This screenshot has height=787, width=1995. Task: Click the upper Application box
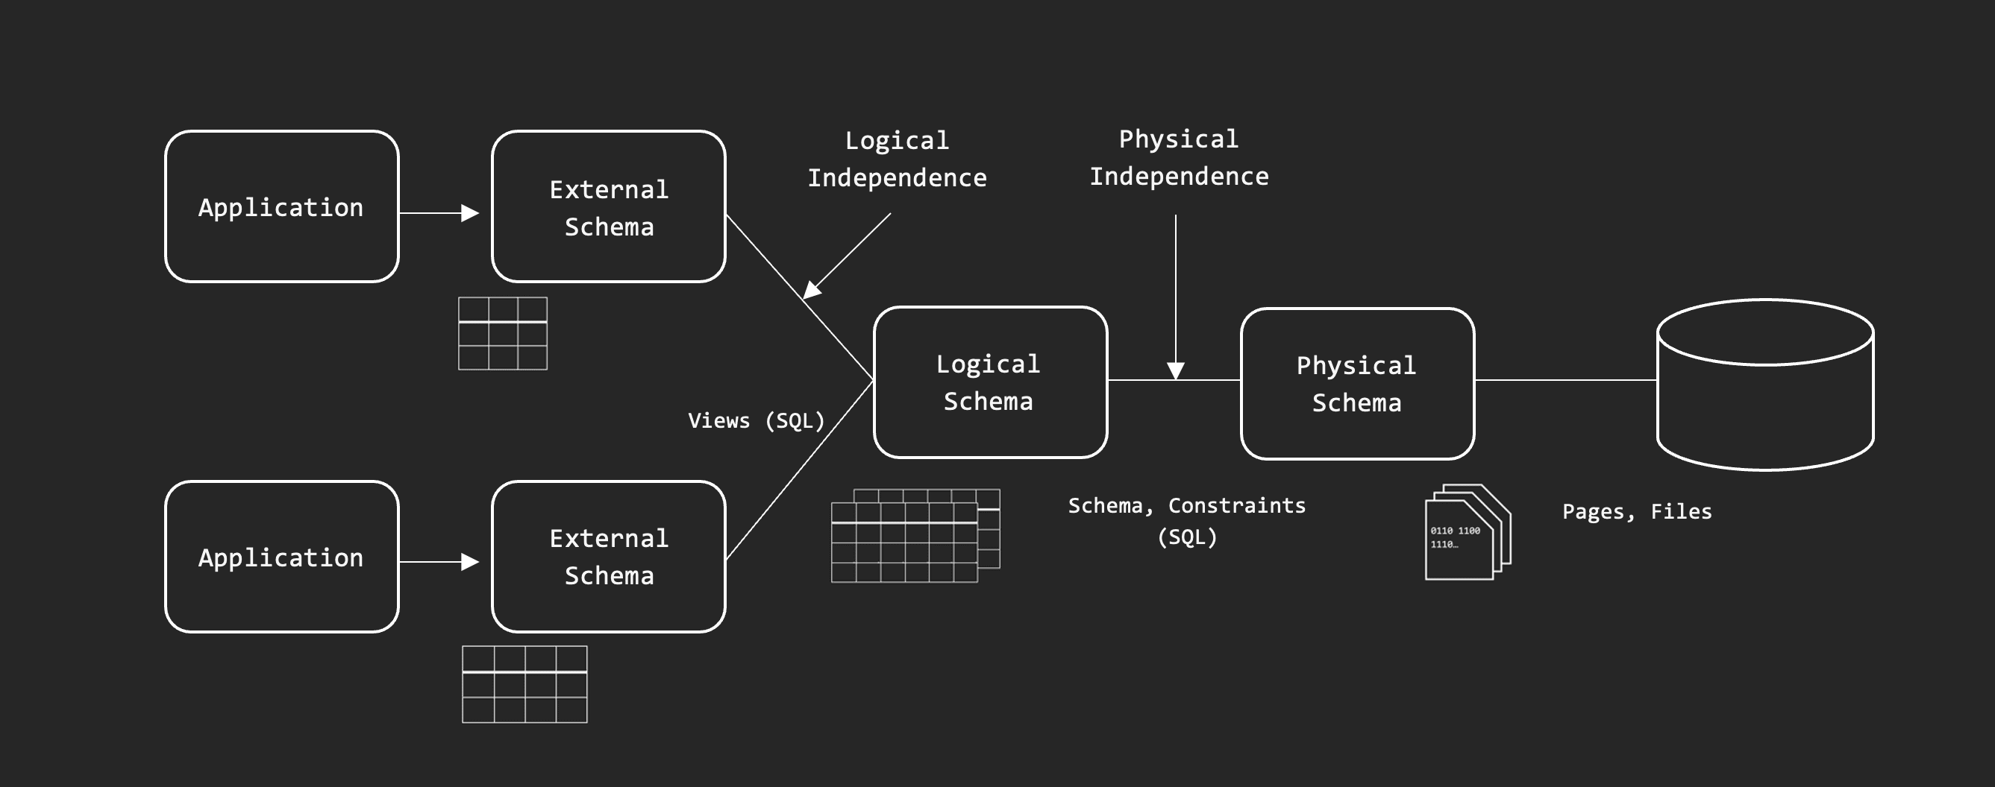pos(282,206)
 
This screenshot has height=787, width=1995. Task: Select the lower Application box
pos(282,557)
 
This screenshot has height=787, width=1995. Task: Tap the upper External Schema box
pos(609,206)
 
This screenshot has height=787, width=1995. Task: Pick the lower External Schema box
pos(609,557)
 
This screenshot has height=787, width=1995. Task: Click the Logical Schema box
pos(990,382)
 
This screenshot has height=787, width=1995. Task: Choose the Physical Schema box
pos(1357,384)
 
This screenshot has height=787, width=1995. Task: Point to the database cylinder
pos(1765,385)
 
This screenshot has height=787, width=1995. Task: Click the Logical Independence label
pos(897,159)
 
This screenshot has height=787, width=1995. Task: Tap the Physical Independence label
pos(1179,158)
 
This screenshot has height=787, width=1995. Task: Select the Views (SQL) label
pos(756,421)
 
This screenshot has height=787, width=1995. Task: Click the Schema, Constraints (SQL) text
pos(1186,521)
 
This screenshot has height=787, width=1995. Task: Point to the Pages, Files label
pos(1636,511)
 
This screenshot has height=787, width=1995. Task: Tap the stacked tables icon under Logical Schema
pos(915,536)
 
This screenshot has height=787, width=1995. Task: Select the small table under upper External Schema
pos(503,334)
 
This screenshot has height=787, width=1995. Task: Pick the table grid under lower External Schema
pos(524,684)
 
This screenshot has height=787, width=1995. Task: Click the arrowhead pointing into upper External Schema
pos(469,213)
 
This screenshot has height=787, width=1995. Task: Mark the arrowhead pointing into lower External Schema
pos(469,562)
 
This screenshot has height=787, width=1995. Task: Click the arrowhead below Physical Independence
pos(1176,370)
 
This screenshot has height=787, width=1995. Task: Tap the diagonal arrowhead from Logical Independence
pos(811,290)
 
